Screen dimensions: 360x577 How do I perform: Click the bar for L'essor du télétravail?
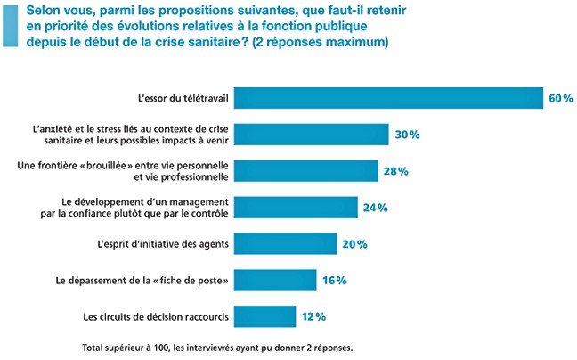[x=392, y=97]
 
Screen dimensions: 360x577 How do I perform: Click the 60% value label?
[x=560, y=98]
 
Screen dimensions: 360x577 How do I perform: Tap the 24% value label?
[x=375, y=208]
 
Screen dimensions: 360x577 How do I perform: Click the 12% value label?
[x=313, y=316]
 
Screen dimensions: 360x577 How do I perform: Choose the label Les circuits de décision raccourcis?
[x=158, y=315]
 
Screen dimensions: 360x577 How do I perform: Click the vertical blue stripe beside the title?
[x=8, y=26]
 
